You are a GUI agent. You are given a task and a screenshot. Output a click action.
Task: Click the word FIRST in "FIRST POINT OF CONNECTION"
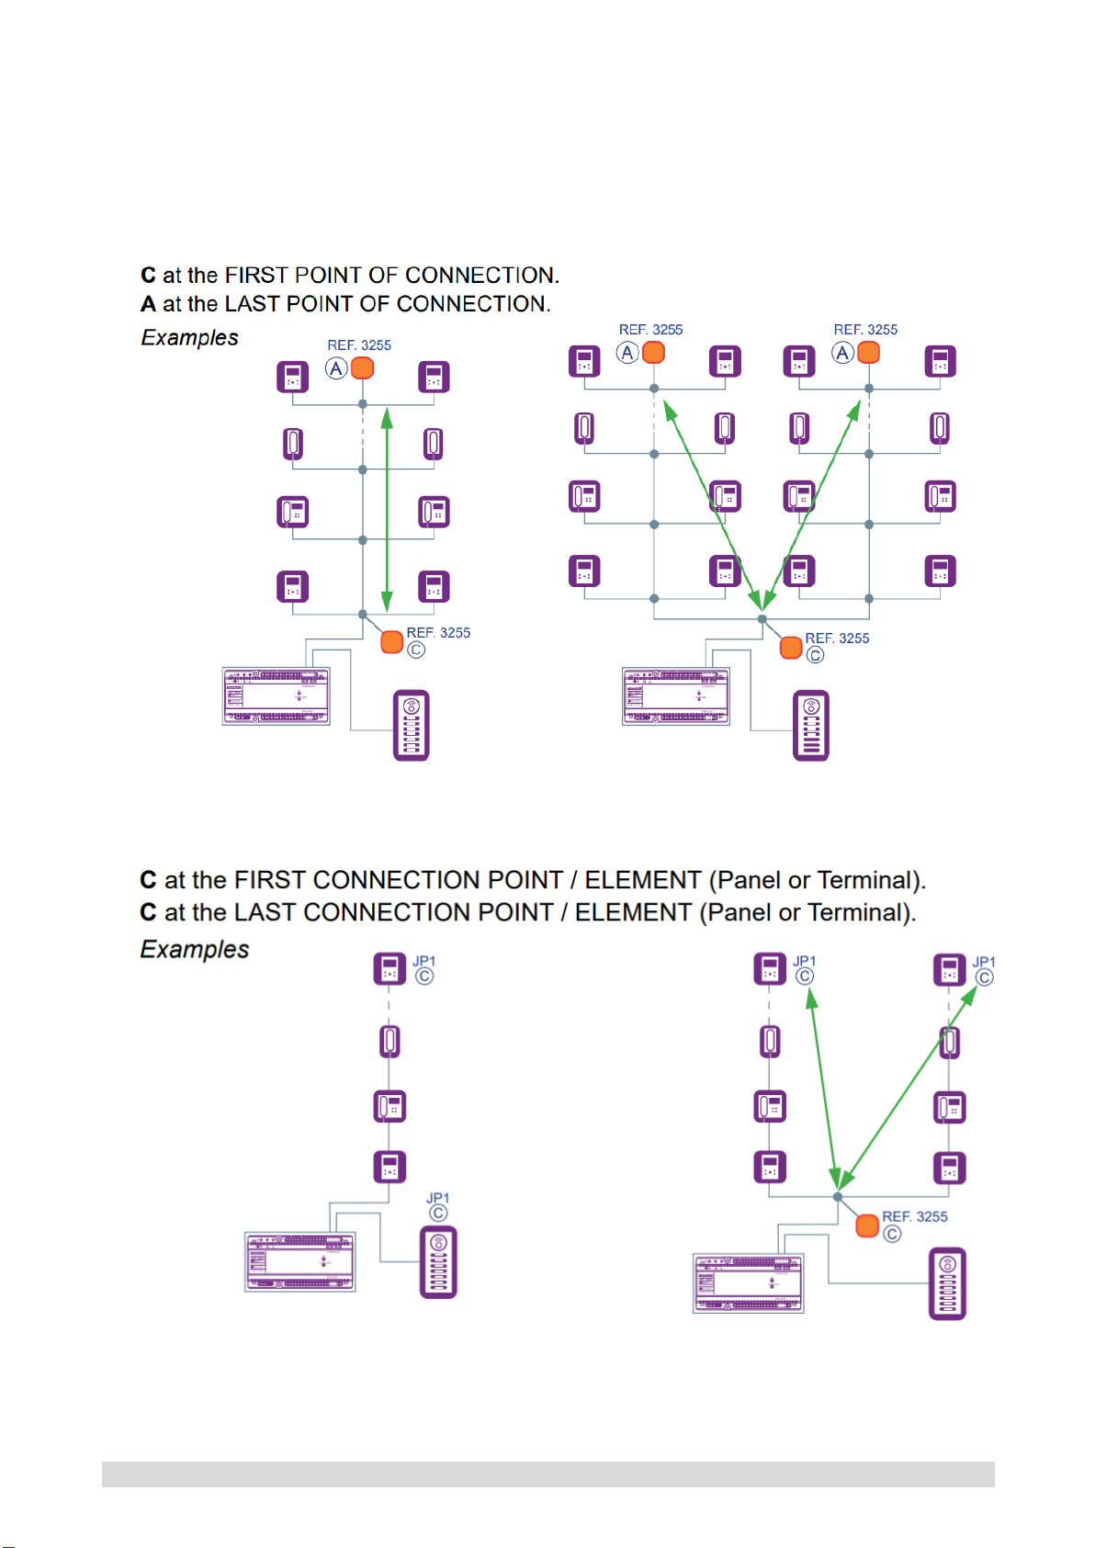253,276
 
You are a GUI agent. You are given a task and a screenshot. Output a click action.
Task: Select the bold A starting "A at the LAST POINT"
148,304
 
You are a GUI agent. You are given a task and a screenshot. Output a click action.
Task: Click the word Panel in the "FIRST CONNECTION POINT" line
751,880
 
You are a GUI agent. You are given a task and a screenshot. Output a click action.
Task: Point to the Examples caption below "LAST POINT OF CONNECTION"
189,338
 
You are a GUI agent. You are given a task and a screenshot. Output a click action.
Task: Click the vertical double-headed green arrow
388,510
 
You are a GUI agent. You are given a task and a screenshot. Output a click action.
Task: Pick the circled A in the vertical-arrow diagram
336,368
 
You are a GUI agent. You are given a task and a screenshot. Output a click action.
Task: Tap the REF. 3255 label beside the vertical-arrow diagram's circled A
359,345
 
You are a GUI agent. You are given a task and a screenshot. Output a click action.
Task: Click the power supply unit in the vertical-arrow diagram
276,696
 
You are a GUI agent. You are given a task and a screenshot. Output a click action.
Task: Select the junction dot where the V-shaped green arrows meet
762,619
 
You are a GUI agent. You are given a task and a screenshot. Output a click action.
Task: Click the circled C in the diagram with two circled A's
815,655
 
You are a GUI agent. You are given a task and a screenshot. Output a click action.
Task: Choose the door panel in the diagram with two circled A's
811,726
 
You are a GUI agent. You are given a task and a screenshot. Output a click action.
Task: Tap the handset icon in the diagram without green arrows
389,1041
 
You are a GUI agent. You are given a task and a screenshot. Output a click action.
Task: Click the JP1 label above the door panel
437,1198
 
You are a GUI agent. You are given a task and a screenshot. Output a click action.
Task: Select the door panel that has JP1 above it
438,1262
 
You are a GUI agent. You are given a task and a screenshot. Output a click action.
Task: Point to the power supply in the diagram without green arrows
299,1262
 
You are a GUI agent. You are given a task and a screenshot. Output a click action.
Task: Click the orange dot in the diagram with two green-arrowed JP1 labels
867,1226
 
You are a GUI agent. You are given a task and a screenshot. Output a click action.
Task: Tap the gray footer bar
547,1474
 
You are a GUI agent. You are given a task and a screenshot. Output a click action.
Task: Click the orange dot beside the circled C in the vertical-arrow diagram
392,641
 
